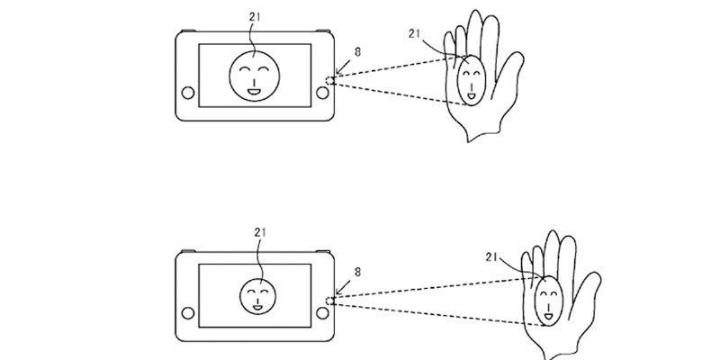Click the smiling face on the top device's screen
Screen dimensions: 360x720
(252, 76)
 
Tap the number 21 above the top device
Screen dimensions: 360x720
(255, 15)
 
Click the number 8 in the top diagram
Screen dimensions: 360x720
(360, 54)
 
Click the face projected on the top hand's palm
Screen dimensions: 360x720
(471, 79)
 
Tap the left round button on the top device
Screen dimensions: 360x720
(186, 94)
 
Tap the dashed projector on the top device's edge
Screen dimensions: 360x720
(330, 81)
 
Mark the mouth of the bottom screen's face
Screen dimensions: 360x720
(258, 307)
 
